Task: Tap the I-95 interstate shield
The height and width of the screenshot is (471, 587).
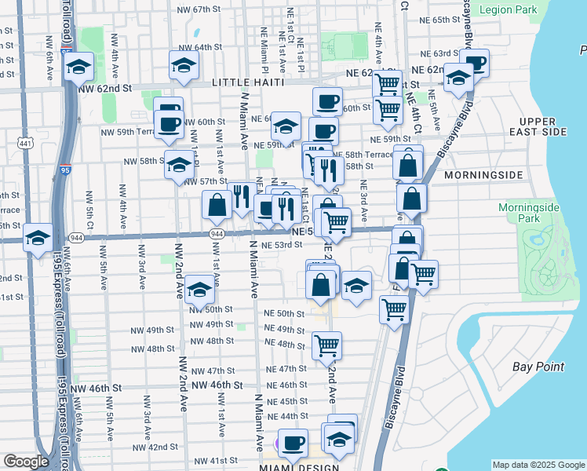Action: click(65, 170)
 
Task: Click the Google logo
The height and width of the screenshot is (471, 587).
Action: click(26, 462)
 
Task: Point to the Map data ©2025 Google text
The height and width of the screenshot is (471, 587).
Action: click(538, 465)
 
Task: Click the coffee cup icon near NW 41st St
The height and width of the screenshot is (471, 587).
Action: click(293, 443)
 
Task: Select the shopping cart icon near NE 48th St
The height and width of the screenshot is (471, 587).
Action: click(326, 345)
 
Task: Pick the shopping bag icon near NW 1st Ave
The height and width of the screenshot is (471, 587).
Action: click(217, 206)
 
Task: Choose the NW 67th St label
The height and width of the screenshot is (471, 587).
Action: click(195, 9)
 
